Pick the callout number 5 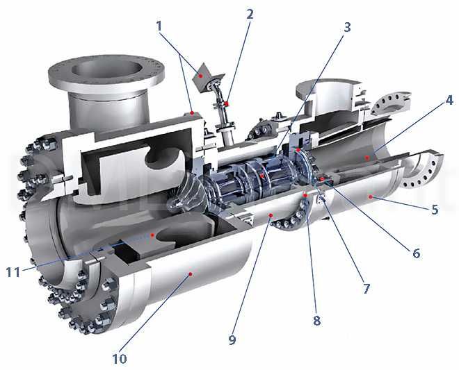pyautogui.click(x=434, y=209)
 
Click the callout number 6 pyautogui.click(x=416, y=253)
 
